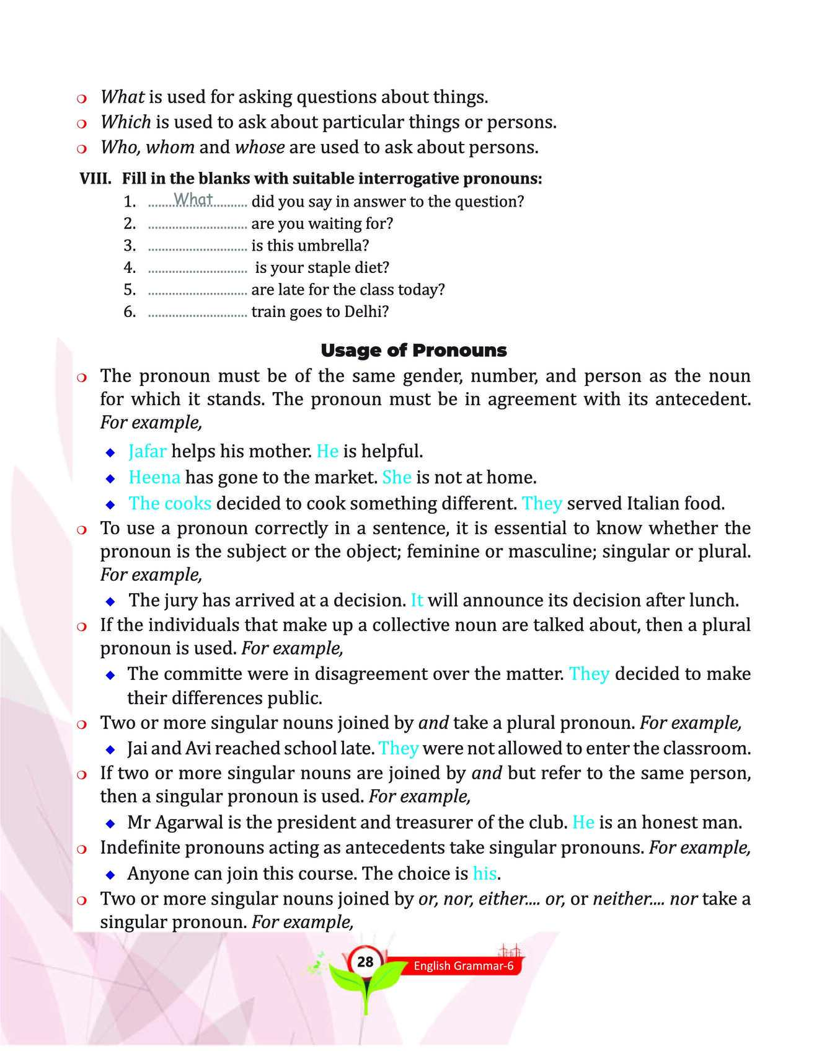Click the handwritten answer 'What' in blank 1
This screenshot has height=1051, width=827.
(x=193, y=199)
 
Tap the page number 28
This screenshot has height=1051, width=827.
(x=365, y=962)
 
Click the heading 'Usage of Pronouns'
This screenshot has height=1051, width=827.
(x=413, y=351)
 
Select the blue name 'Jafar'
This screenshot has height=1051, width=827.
(x=148, y=451)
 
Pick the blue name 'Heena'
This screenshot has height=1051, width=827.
(x=154, y=477)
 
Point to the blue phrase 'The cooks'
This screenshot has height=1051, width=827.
(x=170, y=503)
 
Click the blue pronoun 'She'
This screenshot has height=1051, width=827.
(x=397, y=477)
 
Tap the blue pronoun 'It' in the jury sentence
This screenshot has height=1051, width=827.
(x=417, y=600)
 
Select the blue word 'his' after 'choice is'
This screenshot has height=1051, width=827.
(x=484, y=874)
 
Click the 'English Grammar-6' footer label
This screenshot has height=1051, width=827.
(x=464, y=966)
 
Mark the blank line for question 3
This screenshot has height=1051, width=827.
(x=197, y=247)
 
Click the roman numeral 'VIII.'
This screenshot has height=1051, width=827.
(x=95, y=179)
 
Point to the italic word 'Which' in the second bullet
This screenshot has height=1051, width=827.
(x=126, y=122)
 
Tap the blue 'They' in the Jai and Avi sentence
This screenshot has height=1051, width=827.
(x=398, y=748)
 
